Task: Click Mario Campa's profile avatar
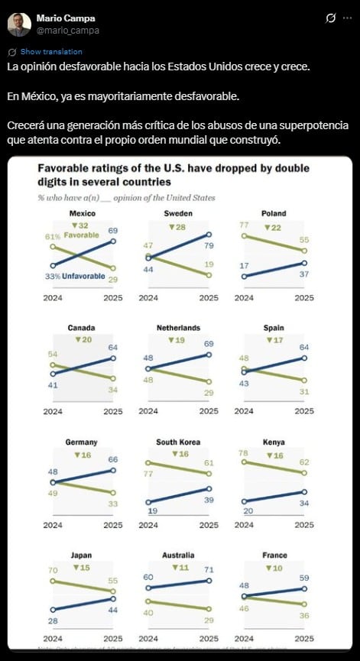[19, 24]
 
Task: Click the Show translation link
[51, 52]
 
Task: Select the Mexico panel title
[82, 213]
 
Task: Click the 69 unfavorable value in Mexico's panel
[113, 231]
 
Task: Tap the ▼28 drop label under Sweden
[177, 226]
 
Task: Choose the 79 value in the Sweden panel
[208, 245]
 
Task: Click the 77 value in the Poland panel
[245, 226]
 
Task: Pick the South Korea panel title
[177, 442]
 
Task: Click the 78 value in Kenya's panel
[245, 453]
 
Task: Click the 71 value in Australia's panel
[208, 570]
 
